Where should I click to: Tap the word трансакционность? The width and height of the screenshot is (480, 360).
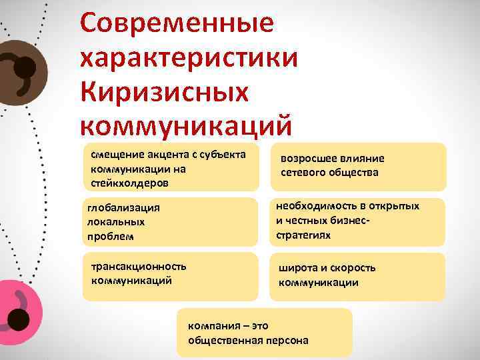click(x=139, y=266)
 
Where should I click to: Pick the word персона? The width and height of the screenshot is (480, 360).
click(x=286, y=340)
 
